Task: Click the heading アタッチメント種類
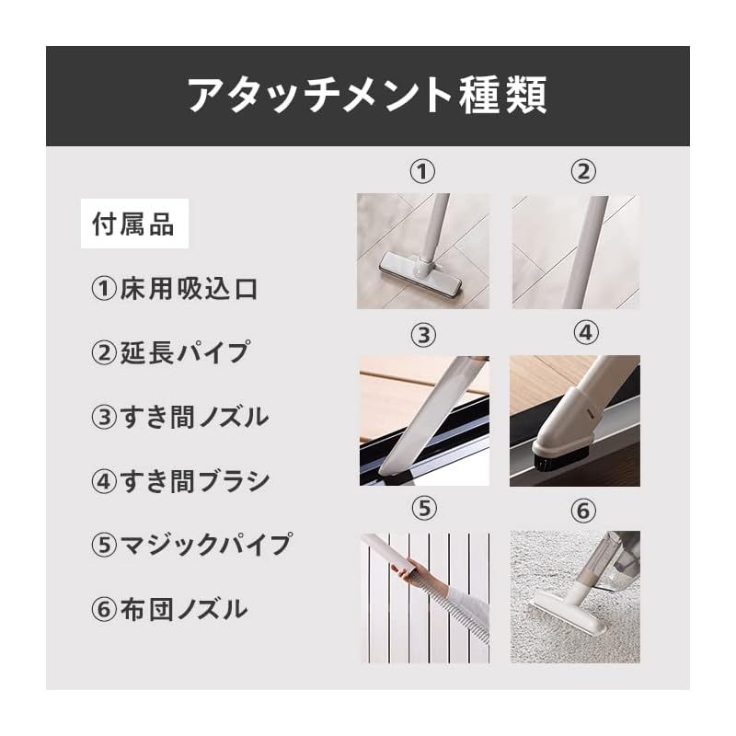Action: pyautogui.click(x=367, y=96)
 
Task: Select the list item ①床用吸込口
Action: pyautogui.click(x=175, y=289)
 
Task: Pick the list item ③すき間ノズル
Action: pyautogui.click(x=180, y=417)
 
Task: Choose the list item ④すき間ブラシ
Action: pyautogui.click(x=180, y=480)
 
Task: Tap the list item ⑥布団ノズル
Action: pyautogui.click(x=169, y=608)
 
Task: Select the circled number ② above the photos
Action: pyautogui.click(x=582, y=171)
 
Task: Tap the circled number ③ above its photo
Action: pyautogui.click(x=422, y=335)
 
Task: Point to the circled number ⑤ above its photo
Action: pyautogui.click(x=421, y=508)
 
